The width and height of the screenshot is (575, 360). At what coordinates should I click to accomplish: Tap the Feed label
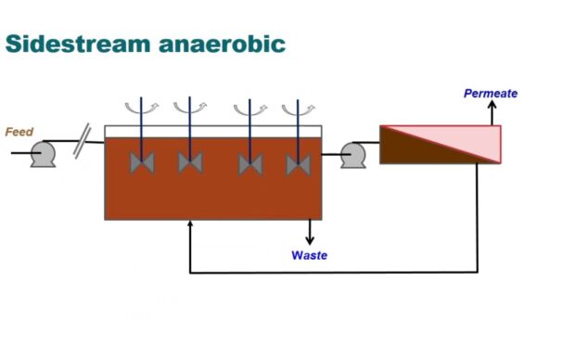coord(19,132)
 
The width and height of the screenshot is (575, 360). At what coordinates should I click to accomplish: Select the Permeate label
coord(491,94)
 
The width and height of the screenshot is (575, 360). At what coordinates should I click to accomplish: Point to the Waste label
coord(309,255)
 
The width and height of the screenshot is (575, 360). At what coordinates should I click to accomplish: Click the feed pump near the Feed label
coord(42,154)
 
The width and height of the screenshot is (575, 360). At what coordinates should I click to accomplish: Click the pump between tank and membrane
coord(353,154)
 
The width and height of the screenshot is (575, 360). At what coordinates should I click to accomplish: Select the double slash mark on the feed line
coord(82,143)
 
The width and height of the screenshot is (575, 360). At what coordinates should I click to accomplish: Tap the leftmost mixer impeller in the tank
coord(141,162)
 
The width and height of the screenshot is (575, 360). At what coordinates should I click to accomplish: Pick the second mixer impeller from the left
coord(190,162)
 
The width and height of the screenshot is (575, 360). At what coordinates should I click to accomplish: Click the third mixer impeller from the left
coord(250,163)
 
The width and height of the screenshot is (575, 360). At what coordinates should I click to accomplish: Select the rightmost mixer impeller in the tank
coord(298,163)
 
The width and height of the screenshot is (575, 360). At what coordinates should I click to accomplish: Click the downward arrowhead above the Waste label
coord(310,240)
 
